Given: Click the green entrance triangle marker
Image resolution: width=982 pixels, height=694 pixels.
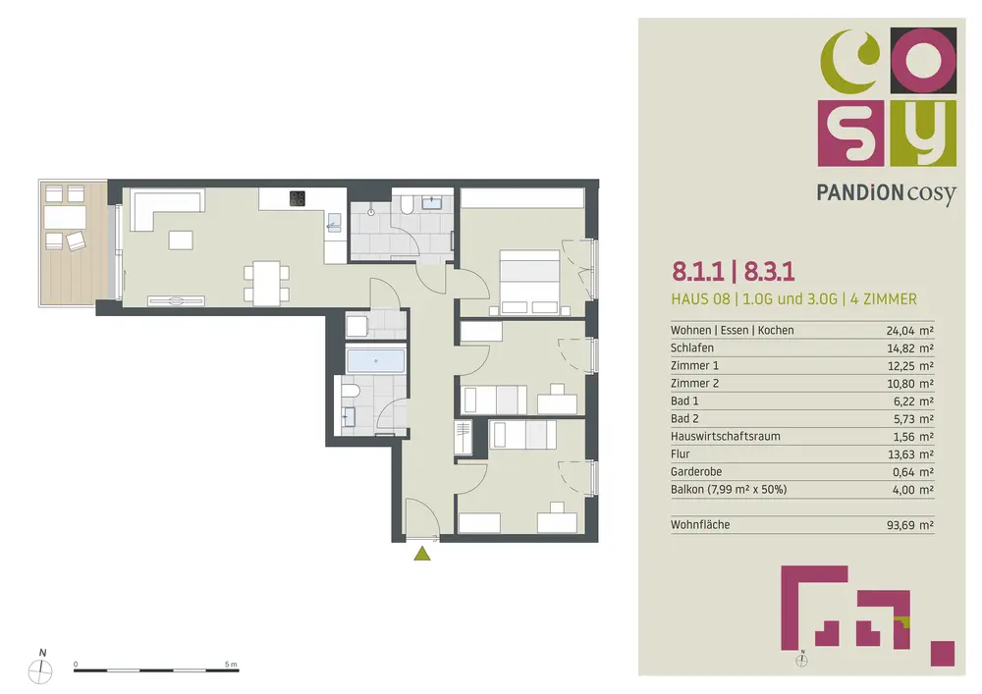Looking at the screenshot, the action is [422, 554].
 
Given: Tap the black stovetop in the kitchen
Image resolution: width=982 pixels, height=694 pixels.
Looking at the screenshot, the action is [297, 198].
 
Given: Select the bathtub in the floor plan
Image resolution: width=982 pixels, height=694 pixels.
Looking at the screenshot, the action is [376, 361].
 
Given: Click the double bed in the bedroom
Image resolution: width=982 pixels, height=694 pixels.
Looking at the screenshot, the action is [529, 282].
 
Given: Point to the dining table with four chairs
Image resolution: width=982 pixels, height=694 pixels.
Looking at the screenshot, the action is [267, 283].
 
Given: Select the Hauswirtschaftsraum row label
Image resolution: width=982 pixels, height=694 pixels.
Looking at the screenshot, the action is [726, 436].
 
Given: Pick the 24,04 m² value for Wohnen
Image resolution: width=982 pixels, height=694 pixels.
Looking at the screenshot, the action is [910, 331].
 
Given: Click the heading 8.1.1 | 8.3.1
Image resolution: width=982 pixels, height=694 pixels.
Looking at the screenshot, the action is [733, 272].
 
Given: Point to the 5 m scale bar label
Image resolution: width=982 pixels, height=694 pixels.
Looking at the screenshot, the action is [231, 664].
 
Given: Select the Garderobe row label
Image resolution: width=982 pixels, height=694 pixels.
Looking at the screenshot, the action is [696, 472].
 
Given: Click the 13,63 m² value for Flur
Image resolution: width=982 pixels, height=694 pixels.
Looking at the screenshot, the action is [910, 454].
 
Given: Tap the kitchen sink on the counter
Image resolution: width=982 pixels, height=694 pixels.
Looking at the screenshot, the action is [335, 222].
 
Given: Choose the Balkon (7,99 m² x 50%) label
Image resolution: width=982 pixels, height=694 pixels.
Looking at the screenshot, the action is [729, 490].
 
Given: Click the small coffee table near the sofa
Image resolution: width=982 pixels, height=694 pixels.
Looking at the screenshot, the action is [181, 240].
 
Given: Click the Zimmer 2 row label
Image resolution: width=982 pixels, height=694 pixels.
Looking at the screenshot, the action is [694, 383].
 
